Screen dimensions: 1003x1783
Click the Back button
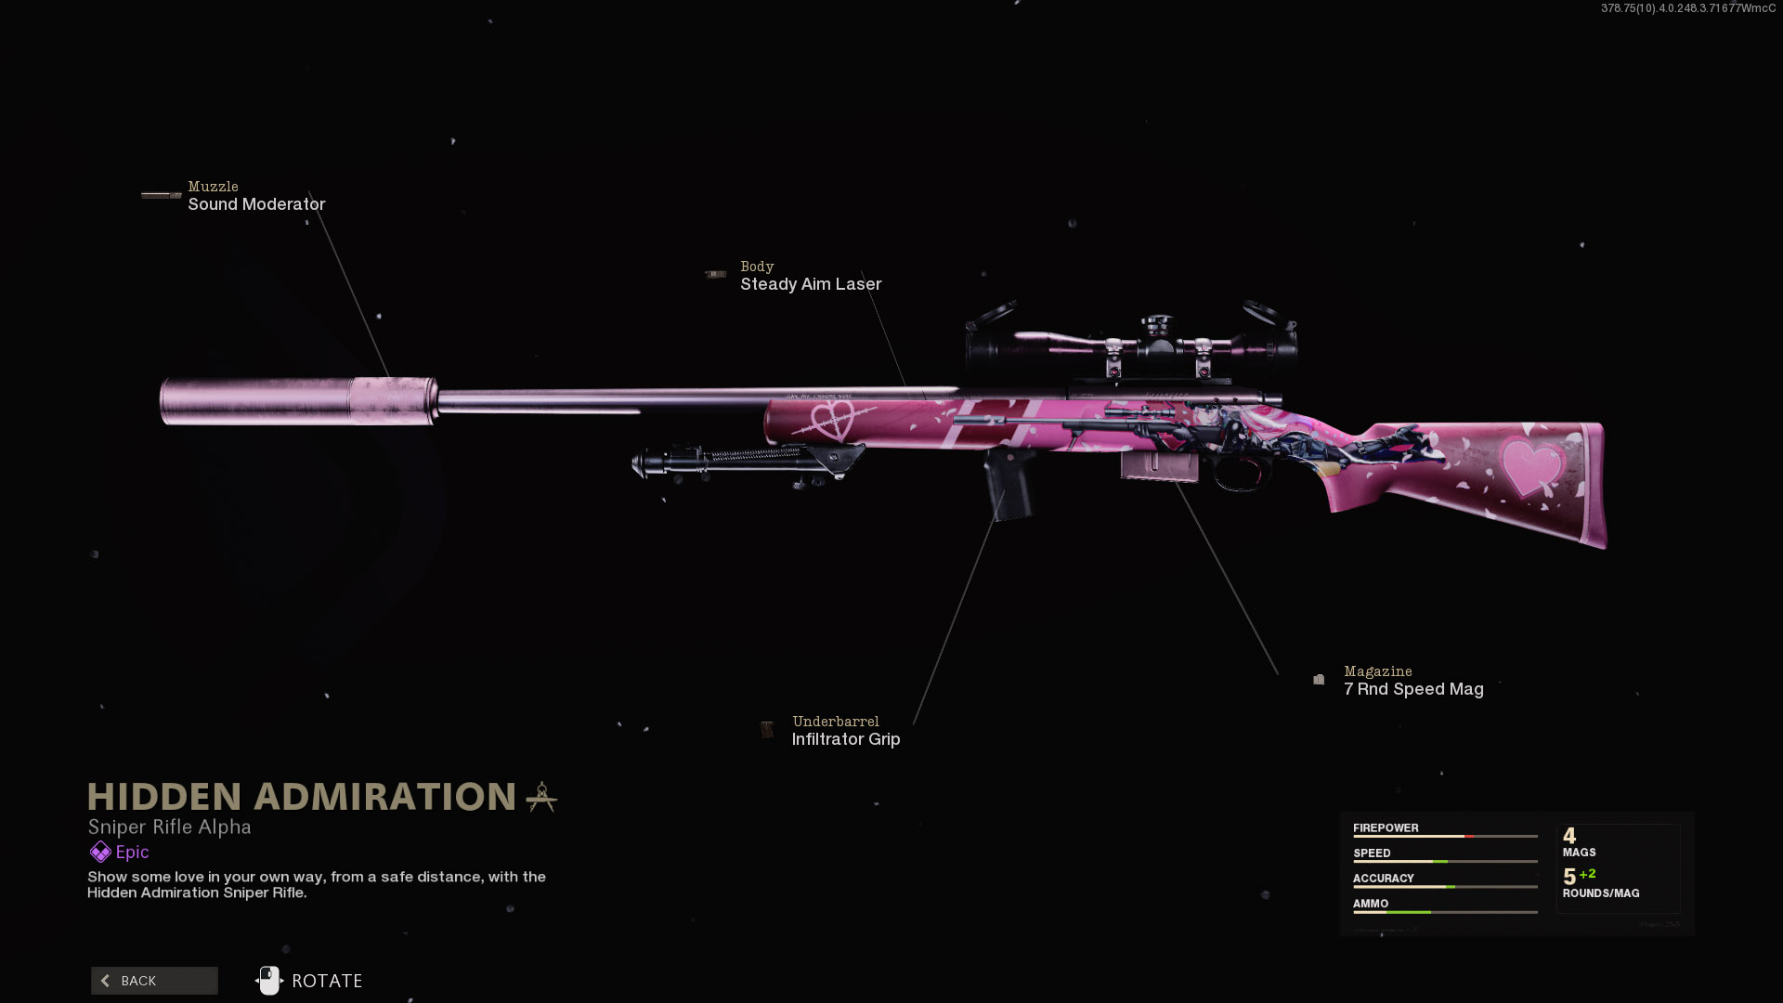(x=154, y=981)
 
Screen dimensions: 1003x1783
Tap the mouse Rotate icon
(x=269, y=981)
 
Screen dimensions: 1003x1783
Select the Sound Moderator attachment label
(x=256, y=204)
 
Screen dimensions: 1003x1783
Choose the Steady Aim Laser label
(x=811, y=284)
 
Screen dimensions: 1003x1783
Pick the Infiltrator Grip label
(x=845, y=739)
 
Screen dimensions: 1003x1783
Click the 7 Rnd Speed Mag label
(x=1413, y=689)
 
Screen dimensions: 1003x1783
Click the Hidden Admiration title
(x=302, y=797)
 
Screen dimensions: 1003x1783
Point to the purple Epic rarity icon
(x=100, y=852)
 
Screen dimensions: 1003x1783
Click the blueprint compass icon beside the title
(x=541, y=797)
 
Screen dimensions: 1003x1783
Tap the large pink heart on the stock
(x=1530, y=464)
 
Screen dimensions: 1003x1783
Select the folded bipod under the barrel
(x=743, y=460)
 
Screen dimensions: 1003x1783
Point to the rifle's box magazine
(x=1159, y=465)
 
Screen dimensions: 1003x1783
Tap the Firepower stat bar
(x=1445, y=837)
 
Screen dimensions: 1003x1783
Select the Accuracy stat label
(x=1383, y=879)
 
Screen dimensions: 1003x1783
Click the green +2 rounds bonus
(x=1587, y=874)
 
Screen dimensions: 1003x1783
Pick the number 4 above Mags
(x=1569, y=836)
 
